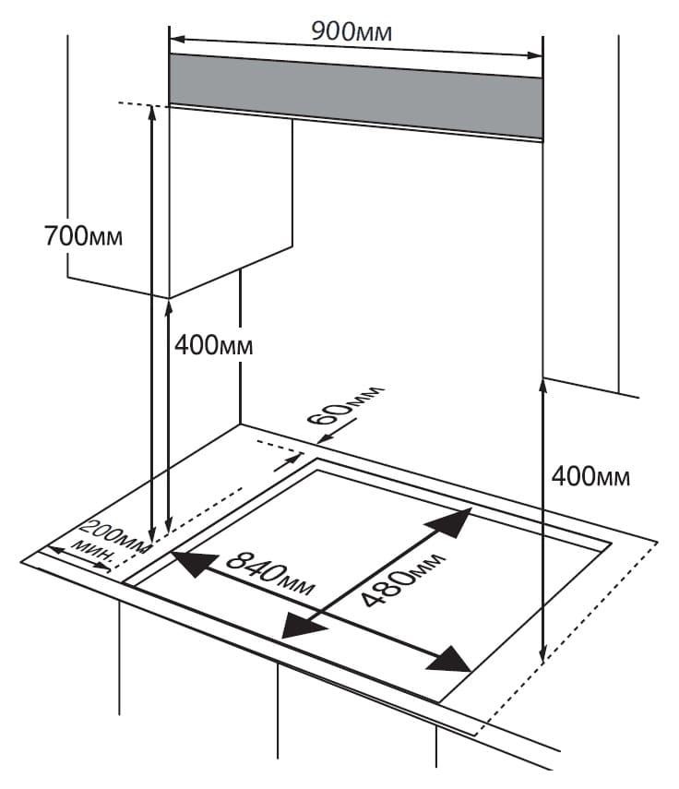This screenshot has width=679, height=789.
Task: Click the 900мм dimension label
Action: click(351, 31)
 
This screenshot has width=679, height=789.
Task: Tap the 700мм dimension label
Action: click(84, 236)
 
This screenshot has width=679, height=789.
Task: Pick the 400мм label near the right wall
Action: click(590, 476)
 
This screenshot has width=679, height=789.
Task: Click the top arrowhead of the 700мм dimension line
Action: click(152, 112)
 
